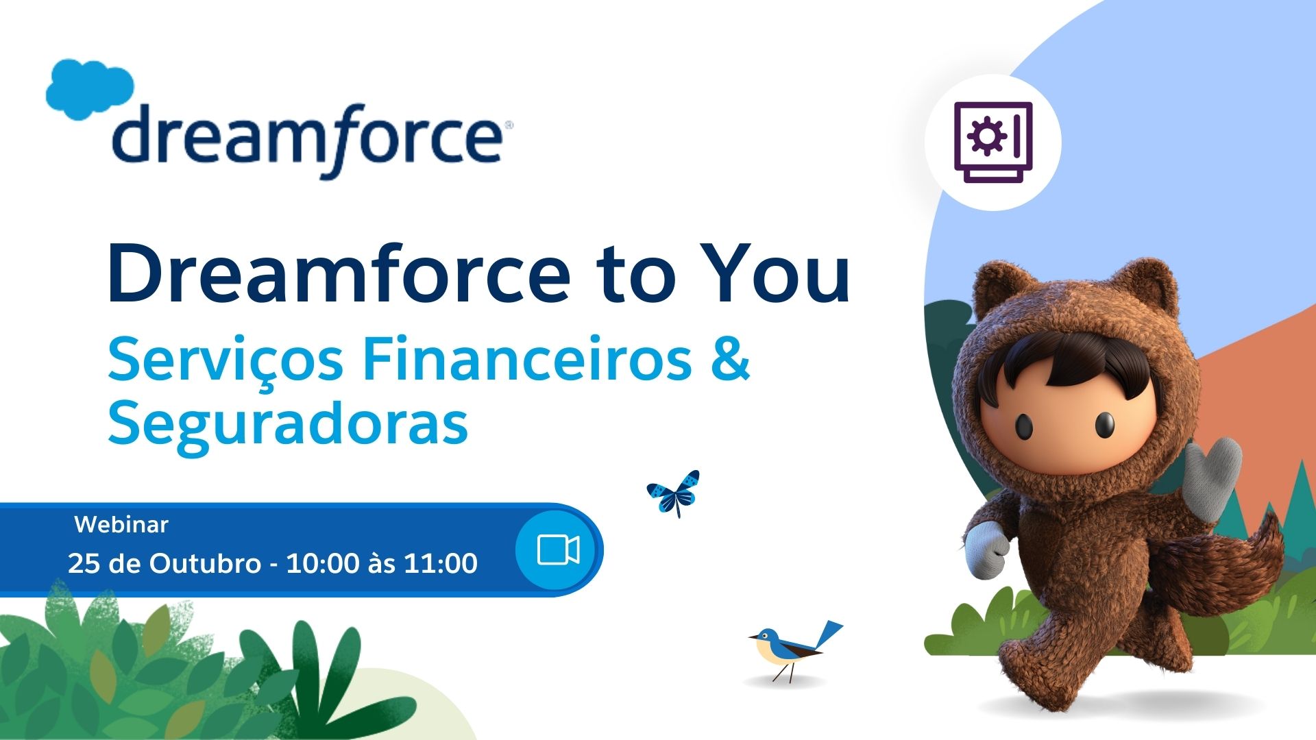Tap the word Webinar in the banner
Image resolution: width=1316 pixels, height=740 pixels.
pos(121,524)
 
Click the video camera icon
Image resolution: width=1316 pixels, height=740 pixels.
pos(559,550)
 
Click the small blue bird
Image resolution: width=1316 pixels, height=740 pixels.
pos(795,647)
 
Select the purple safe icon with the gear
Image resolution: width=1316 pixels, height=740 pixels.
pos(993,143)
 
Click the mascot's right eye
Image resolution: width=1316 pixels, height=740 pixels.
pos(1104,425)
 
